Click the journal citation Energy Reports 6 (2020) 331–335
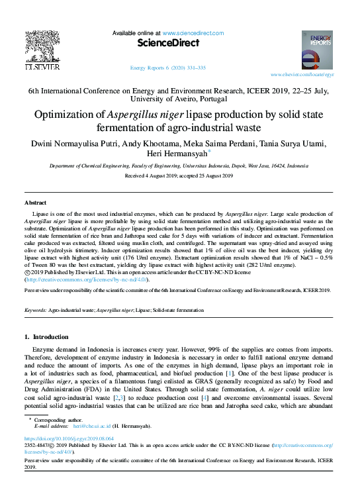pos(167,68)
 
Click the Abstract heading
pos(35,202)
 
